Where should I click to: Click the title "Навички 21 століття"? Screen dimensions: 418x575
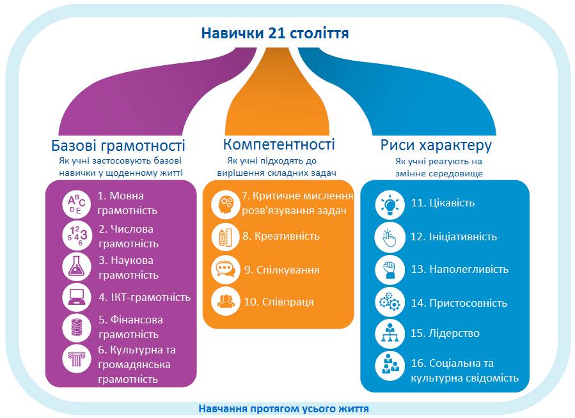[x=275, y=33]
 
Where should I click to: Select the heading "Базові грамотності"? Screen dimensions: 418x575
[x=118, y=145]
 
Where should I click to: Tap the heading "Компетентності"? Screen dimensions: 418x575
[x=279, y=144]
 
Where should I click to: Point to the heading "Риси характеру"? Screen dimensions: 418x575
[x=436, y=145]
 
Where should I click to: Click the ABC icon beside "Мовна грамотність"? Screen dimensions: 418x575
[x=77, y=203]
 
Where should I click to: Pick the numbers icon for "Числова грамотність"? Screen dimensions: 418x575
[x=77, y=235]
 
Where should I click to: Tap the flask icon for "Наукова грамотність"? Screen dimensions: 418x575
[x=77, y=267]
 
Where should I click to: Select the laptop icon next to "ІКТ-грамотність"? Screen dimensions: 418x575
[x=77, y=297]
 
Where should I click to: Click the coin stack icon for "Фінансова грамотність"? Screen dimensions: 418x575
[x=77, y=327]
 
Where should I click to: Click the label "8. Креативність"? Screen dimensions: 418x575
[x=281, y=236]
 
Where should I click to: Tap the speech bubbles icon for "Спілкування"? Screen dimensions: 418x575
[x=225, y=269]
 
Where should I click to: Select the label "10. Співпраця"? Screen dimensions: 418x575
[x=279, y=302]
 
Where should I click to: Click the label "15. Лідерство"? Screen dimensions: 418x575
[x=445, y=333]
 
